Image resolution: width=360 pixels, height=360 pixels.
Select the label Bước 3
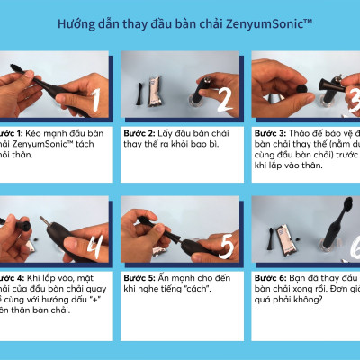(x=269, y=132)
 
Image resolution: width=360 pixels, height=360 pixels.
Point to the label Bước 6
(x=269, y=276)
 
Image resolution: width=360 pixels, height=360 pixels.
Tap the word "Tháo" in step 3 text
(x=307, y=132)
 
